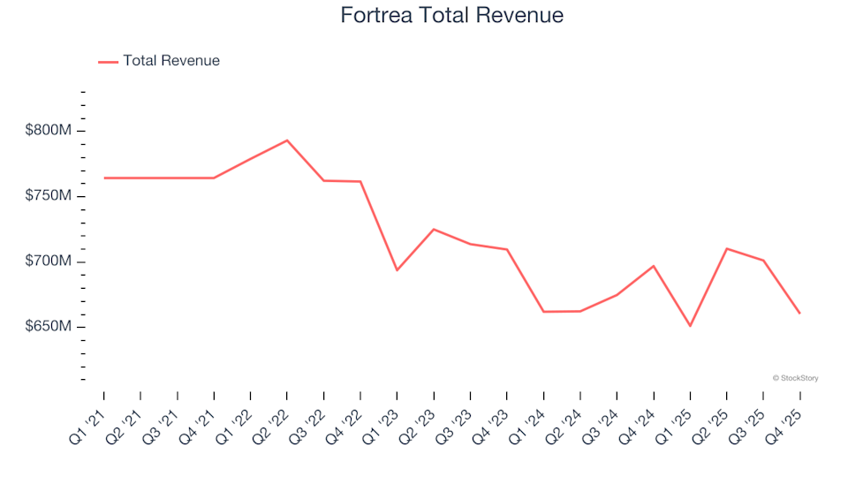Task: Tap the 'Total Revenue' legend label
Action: click(171, 61)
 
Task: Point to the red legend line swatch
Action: click(108, 62)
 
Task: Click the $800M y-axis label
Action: click(48, 131)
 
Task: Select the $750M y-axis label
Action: click(48, 196)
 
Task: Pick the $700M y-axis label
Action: click(48, 261)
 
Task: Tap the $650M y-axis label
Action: click(48, 327)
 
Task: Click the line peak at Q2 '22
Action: click(287, 140)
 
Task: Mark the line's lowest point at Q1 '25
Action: click(690, 326)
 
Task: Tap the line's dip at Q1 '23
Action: click(397, 269)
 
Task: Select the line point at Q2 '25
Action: click(726, 248)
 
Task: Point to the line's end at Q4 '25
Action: click(799, 314)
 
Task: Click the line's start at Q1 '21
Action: click(104, 178)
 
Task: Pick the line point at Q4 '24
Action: click(654, 266)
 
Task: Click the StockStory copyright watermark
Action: click(795, 378)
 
